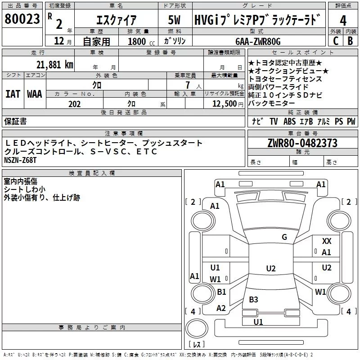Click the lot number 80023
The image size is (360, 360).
tap(22, 19)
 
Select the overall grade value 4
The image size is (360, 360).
tap(343, 20)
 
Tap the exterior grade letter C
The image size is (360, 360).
tap(336, 41)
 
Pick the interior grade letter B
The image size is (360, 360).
tap(350, 41)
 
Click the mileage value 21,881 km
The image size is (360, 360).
tap(54, 65)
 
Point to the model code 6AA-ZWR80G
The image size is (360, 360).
tap(258, 41)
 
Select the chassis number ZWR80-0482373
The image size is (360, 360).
tap(302, 143)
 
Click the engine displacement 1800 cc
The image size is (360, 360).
tap(141, 41)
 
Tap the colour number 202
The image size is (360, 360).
tap(74, 104)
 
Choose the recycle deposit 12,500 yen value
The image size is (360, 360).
tap(228, 104)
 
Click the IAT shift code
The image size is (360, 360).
tap(13, 94)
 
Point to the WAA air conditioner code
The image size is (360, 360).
tap(35, 94)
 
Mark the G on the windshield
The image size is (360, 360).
tap(284, 237)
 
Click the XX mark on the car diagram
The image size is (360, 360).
tap(327, 241)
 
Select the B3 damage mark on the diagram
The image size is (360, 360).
tap(253, 299)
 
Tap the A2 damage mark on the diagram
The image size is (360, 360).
tap(221, 308)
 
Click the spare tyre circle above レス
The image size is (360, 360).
tap(197, 328)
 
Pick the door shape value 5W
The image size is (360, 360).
tap(174, 20)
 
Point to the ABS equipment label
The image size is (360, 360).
tap(289, 121)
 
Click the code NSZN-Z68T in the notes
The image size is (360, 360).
tap(20, 160)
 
